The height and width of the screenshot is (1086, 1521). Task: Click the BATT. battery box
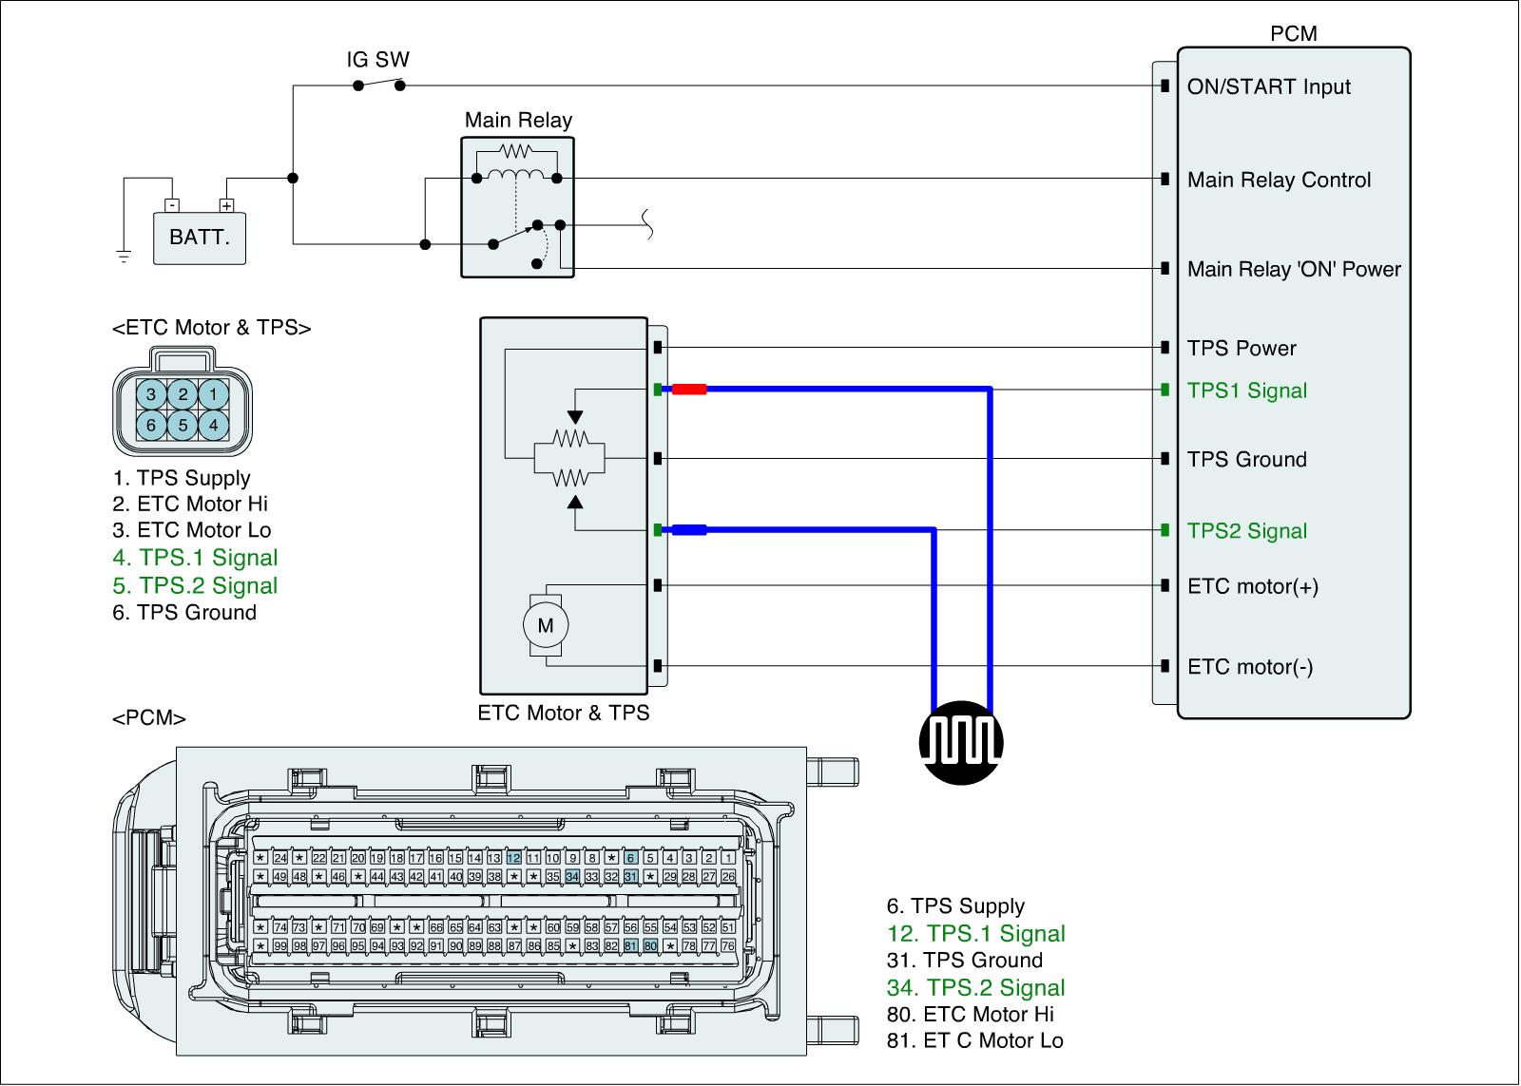click(x=200, y=237)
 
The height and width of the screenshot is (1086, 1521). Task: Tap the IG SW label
click(x=377, y=60)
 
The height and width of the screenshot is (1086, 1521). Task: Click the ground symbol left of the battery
click(x=123, y=256)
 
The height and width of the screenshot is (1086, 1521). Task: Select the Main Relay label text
click(x=518, y=121)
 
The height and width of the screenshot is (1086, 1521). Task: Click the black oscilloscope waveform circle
click(x=961, y=743)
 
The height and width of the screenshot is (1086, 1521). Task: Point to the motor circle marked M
click(x=546, y=625)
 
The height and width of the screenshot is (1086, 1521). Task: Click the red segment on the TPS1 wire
click(x=689, y=389)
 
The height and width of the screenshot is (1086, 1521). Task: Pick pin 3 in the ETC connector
click(x=150, y=394)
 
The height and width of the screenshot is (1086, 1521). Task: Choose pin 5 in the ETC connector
click(x=183, y=426)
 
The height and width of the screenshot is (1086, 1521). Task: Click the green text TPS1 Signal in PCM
click(x=1246, y=391)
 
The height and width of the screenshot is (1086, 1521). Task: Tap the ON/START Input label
click(x=1268, y=87)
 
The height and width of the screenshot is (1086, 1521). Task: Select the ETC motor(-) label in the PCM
click(x=1250, y=667)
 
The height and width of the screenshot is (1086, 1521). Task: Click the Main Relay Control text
click(x=1279, y=181)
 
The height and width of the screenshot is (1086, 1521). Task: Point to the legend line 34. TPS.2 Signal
click(x=975, y=988)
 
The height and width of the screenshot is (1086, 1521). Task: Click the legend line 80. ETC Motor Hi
click(x=970, y=1015)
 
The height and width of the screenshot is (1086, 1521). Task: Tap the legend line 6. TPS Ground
click(x=184, y=613)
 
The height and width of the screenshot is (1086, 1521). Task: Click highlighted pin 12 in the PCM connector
click(x=514, y=858)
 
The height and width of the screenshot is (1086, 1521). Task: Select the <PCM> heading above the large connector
click(x=149, y=718)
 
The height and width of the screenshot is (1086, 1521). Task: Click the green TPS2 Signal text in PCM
click(x=1246, y=531)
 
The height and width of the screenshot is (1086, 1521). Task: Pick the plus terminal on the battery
click(x=226, y=204)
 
